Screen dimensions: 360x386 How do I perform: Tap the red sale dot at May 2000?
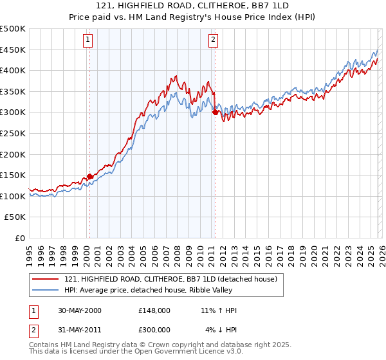[90, 176]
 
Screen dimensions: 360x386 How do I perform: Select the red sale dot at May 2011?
[215, 113]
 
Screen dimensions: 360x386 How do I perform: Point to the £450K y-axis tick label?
[13, 50]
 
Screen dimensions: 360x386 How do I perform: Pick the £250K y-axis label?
[13, 133]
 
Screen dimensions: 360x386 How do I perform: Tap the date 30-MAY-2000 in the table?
[79, 310]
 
